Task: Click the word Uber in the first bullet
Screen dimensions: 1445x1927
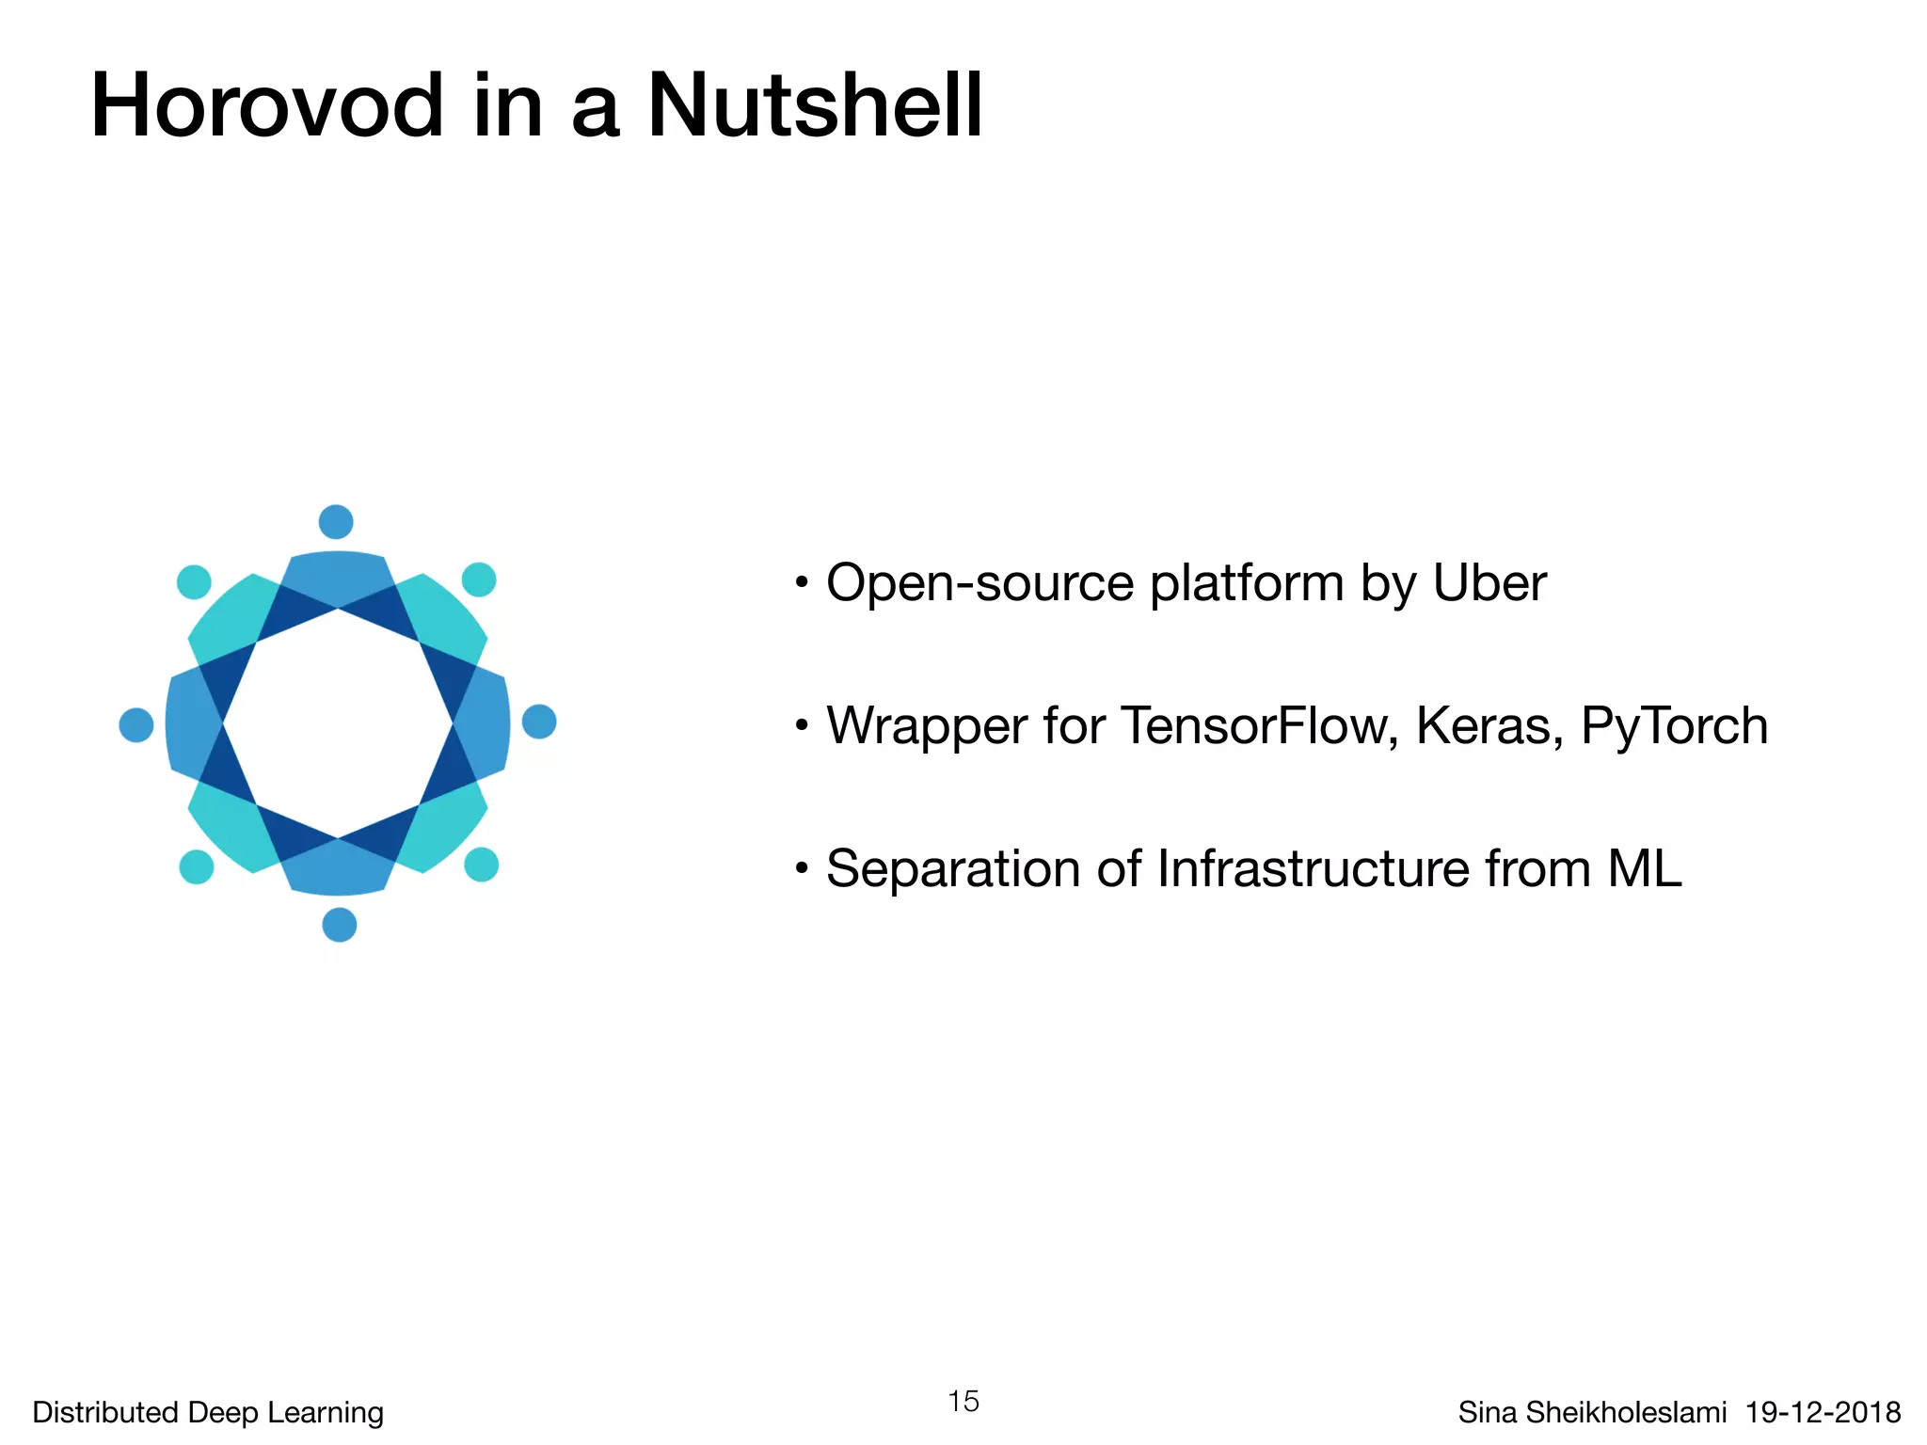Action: point(1489,583)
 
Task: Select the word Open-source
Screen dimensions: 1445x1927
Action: point(979,583)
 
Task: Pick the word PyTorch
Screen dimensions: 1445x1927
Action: point(1674,726)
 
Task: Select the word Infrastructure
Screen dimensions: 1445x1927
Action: point(1314,868)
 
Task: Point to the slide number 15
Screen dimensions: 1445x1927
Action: point(963,1402)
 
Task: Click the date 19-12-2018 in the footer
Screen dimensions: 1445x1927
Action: point(1823,1412)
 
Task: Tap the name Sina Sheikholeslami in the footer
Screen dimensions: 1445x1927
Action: point(1592,1412)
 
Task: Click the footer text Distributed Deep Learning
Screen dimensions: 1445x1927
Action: point(208,1412)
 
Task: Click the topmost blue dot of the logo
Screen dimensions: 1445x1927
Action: point(336,521)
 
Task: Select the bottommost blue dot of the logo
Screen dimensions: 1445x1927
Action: point(340,925)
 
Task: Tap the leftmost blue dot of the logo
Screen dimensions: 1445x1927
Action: point(136,724)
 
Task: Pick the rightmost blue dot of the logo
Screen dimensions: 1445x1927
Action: point(539,722)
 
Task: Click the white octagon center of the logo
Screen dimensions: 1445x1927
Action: point(338,723)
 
